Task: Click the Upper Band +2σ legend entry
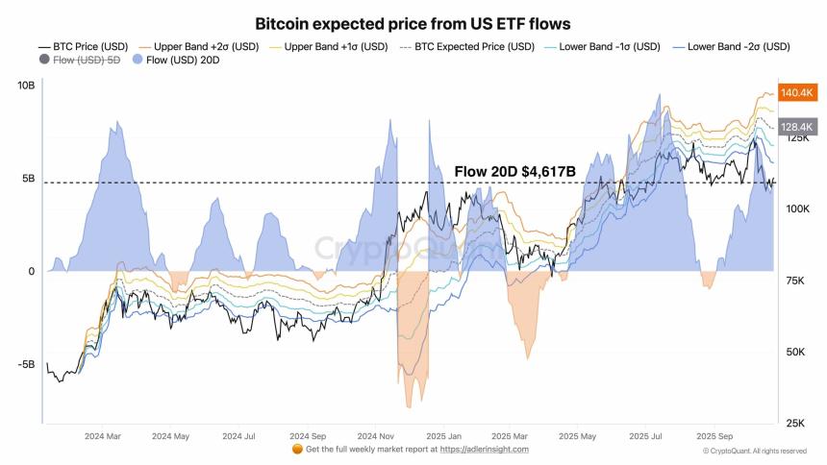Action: tap(199, 46)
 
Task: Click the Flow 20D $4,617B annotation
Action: tap(514, 172)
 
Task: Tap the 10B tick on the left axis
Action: tap(25, 86)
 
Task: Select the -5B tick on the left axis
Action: tap(24, 364)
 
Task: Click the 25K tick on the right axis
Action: tap(796, 424)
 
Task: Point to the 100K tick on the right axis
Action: tap(798, 208)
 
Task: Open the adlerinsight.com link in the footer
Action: tap(484, 449)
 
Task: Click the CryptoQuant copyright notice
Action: tap(755, 450)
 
